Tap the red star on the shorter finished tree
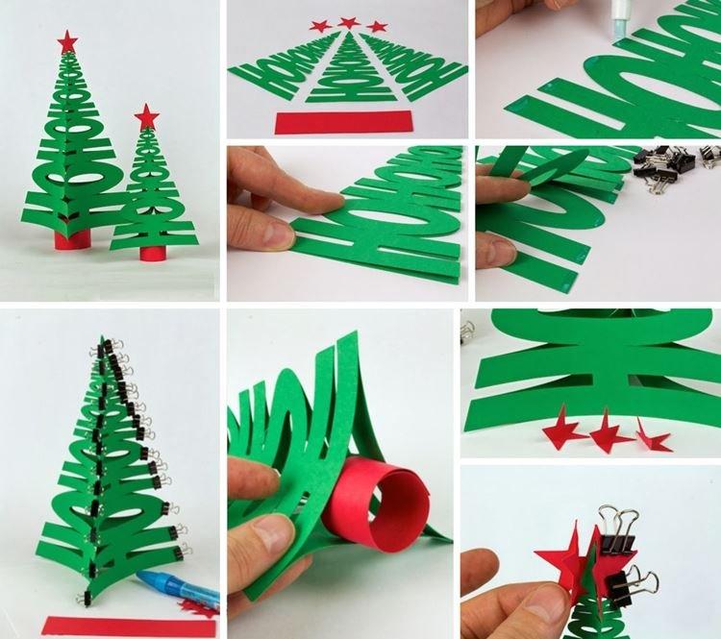pyautogui.click(x=146, y=117)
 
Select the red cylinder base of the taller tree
pyautogui.click(x=70, y=237)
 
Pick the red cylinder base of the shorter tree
pyautogui.click(x=152, y=254)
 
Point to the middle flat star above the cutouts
pyautogui.click(x=348, y=22)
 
